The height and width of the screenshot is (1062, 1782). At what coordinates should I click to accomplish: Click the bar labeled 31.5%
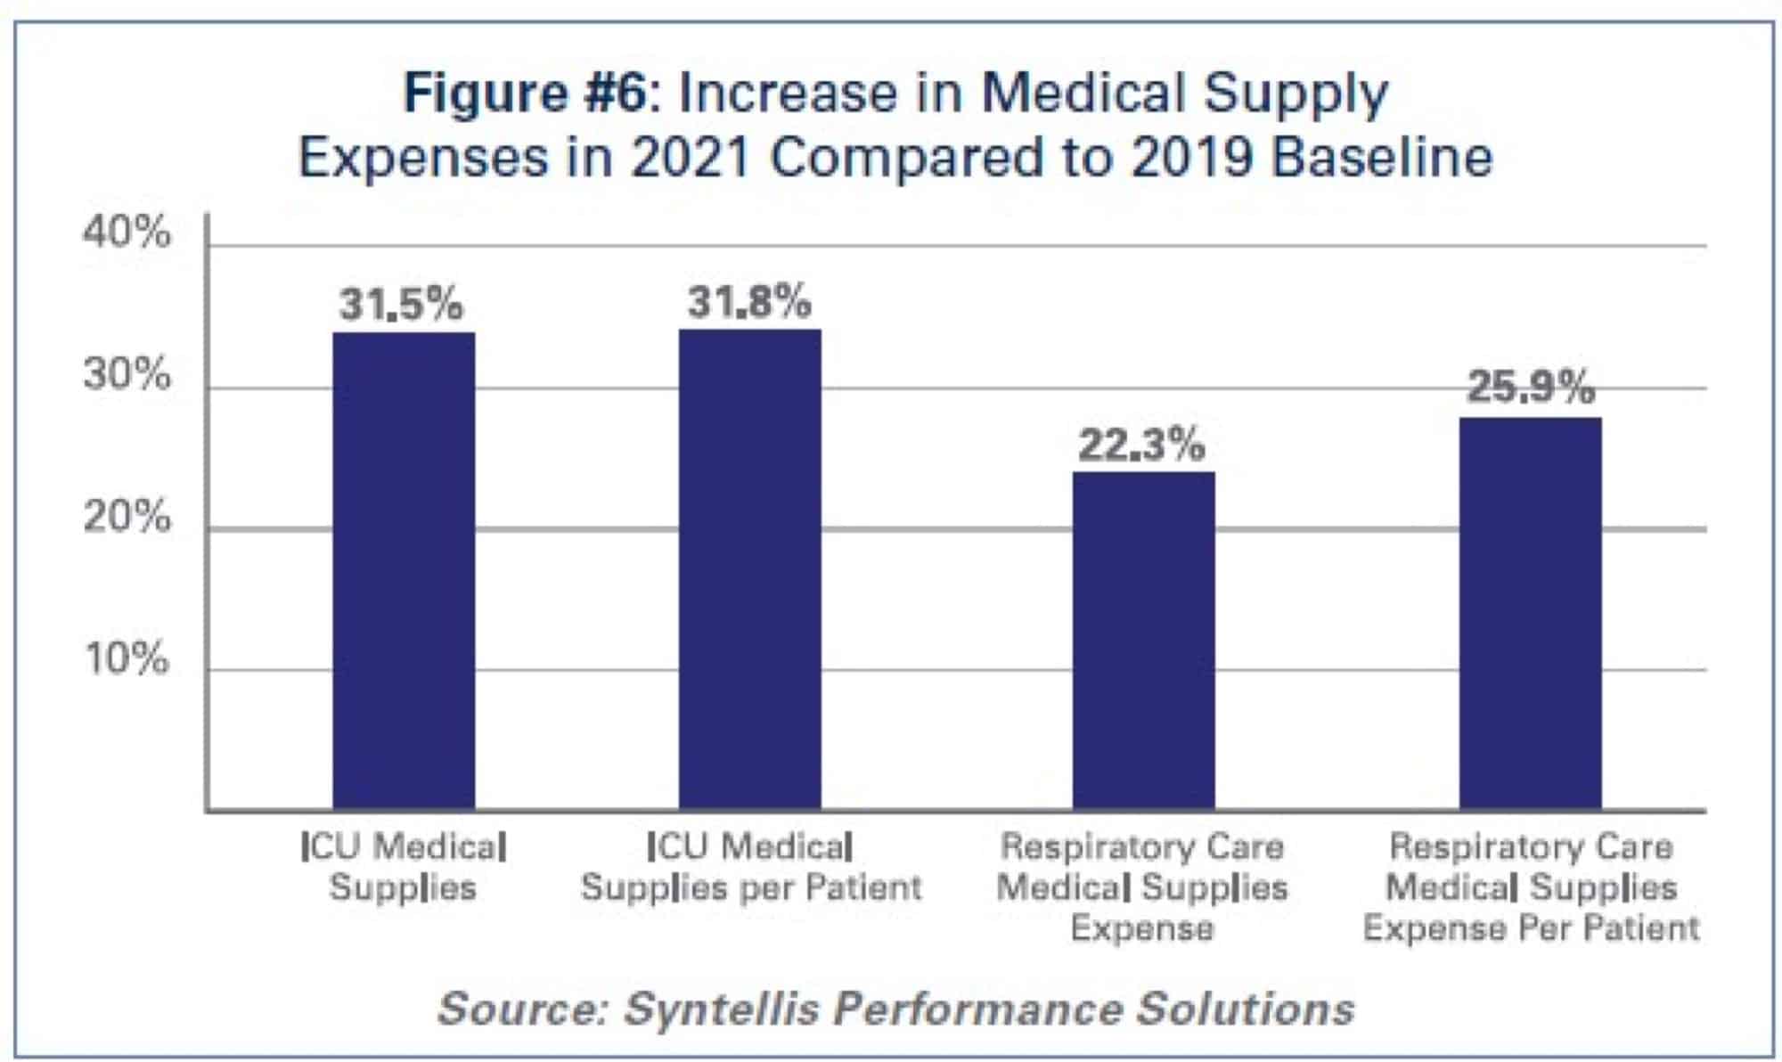pos(404,570)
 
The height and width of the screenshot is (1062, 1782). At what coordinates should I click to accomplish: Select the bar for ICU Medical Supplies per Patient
pos(749,570)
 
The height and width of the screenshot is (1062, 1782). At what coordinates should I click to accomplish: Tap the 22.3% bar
pos(1143,641)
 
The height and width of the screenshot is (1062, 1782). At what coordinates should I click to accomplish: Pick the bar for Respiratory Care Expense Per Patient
pos(1530,615)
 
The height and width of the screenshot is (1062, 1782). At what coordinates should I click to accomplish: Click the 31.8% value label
pos(749,302)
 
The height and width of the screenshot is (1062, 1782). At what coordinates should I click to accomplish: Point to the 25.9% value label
pos(1530,388)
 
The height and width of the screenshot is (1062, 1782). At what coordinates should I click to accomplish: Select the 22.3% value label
pos(1141,445)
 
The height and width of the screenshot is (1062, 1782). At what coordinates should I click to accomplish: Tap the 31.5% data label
pos(401,305)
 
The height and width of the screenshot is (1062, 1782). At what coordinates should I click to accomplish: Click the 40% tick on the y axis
pos(127,233)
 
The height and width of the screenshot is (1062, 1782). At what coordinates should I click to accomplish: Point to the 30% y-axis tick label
pos(127,374)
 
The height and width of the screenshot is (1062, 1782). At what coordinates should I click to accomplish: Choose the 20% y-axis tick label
pos(127,516)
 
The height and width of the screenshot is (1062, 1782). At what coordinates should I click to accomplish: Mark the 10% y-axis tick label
pos(127,658)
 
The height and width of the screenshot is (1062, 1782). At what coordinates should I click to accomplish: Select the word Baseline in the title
pos(1381,159)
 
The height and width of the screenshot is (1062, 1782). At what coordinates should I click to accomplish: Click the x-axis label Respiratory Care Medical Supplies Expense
pos(1141,886)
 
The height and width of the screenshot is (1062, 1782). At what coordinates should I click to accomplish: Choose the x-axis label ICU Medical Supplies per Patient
pos(750,867)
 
